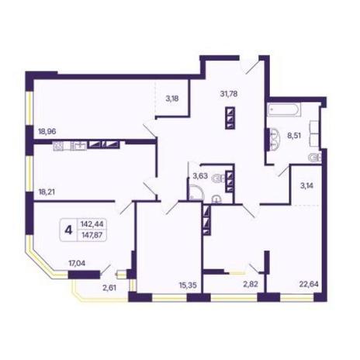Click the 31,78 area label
click(x=229, y=94)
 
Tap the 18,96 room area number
click(x=47, y=132)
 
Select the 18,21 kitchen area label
click(x=47, y=192)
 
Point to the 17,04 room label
click(x=77, y=264)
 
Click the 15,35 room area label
click(x=188, y=286)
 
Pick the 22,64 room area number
click(x=309, y=284)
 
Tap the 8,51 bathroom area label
click(x=294, y=135)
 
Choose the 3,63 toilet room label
click(x=200, y=176)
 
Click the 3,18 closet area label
click(x=172, y=99)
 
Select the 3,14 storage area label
click(x=306, y=185)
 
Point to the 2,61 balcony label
click(x=109, y=288)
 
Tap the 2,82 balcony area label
click(x=251, y=284)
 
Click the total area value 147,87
click(x=92, y=235)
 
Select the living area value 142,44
click(x=92, y=224)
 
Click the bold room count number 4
click(x=68, y=230)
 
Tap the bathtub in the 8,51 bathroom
click(x=284, y=109)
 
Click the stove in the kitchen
click(x=58, y=146)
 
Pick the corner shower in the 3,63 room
click(x=196, y=192)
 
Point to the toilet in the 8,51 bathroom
click(x=315, y=157)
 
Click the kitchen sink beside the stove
click(x=78, y=146)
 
